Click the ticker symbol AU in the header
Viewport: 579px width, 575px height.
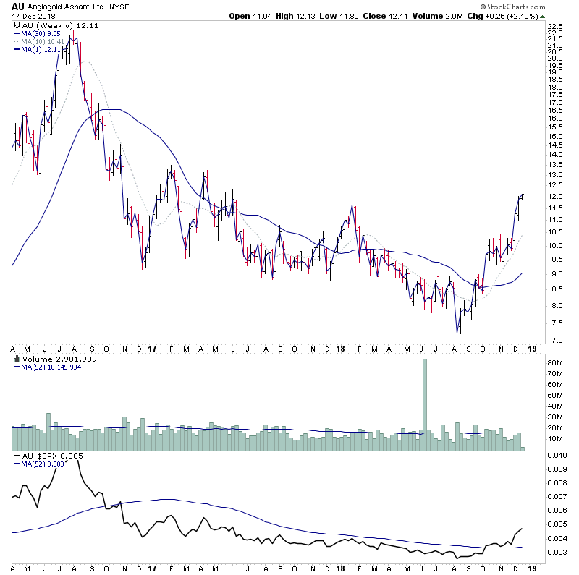coord(17,7)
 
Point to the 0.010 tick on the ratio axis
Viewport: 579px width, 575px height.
coord(557,456)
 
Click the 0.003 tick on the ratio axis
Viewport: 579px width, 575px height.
coord(557,552)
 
